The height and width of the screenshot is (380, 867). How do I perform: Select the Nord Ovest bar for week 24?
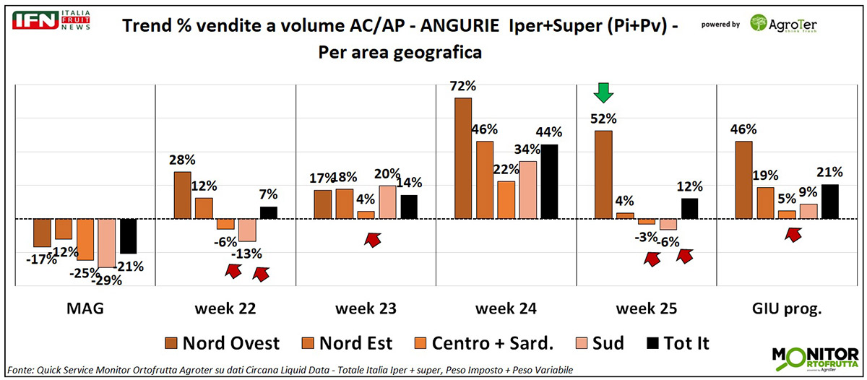(x=463, y=157)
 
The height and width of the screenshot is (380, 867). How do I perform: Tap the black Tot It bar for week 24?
(x=548, y=181)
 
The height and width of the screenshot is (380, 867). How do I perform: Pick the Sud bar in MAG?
(x=107, y=243)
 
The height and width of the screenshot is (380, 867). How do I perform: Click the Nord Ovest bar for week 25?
(x=603, y=174)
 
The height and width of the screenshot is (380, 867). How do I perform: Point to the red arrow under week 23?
(x=373, y=239)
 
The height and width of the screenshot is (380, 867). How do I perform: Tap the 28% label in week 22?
(x=181, y=160)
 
